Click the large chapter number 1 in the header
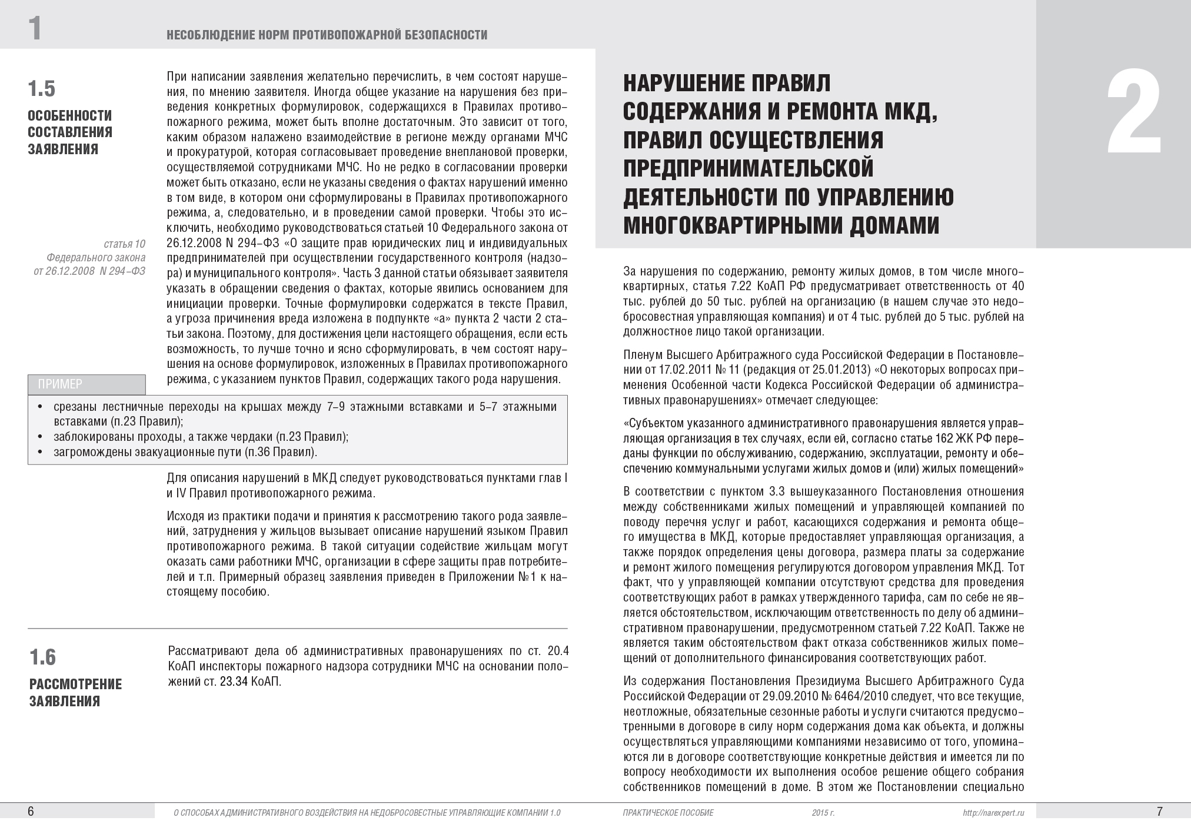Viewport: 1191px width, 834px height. click(x=35, y=28)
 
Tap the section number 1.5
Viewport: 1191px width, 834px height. click(x=41, y=88)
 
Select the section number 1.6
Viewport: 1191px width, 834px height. click(x=42, y=657)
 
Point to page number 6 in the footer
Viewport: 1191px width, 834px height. click(x=31, y=812)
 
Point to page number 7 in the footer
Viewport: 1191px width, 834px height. click(x=1159, y=812)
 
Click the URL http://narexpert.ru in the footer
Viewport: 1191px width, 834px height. click(x=994, y=813)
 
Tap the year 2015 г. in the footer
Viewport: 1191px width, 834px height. click(x=823, y=813)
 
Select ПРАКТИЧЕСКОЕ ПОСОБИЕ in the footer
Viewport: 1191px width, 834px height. click(x=668, y=813)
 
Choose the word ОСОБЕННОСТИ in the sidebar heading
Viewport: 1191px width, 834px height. click(x=70, y=115)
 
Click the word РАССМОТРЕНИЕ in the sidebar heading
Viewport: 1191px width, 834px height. click(x=76, y=684)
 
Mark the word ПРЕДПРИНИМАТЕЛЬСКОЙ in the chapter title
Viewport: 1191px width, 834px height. click(x=748, y=168)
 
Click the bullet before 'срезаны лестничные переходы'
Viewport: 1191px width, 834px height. click(x=40, y=407)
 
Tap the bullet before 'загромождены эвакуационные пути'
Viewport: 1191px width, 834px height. click(x=40, y=453)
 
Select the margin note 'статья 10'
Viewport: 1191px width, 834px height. click(x=124, y=244)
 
